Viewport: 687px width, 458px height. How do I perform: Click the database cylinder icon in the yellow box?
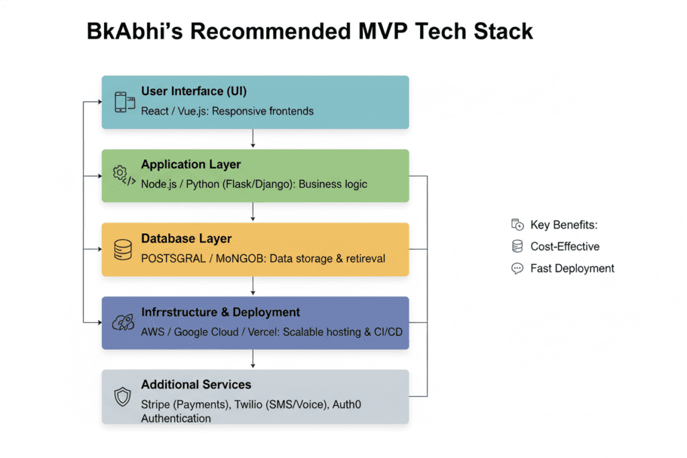click(x=123, y=249)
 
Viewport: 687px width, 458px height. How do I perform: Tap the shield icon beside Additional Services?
click(x=123, y=397)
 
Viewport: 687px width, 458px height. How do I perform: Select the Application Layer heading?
click(x=191, y=164)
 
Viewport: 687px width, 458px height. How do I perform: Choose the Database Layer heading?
click(x=186, y=238)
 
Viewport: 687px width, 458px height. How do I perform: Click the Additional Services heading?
click(x=196, y=385)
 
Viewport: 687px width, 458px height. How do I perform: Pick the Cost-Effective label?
click(x=565, y=247)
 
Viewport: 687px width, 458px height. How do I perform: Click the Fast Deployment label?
click(x=572, y=268)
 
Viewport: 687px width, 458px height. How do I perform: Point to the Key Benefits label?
click(x=564, y=225)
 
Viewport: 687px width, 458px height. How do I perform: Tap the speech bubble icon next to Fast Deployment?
click(x=517, y=268)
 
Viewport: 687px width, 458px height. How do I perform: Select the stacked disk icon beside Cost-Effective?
click(x=517, y=247)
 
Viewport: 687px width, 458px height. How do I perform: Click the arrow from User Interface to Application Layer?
click(x=253, y=139)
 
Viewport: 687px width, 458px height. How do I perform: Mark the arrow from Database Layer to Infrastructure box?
click(x=253, y=286)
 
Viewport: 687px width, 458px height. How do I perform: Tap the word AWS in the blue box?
click(x=153, y=332)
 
